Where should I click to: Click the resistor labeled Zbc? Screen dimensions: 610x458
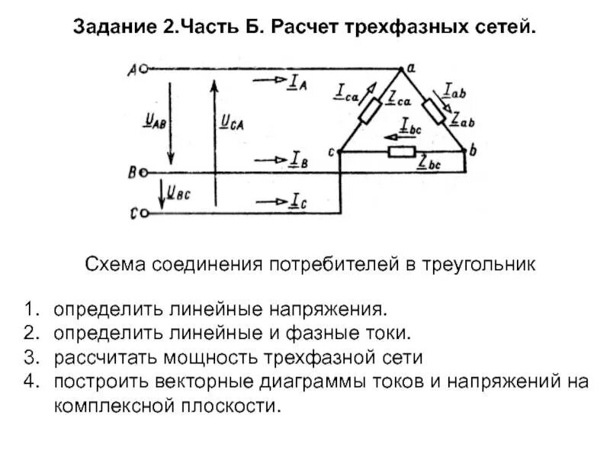point(402,152)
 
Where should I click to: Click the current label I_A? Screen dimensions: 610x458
point(297,84)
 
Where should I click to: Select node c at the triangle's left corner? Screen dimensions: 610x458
point(337,151)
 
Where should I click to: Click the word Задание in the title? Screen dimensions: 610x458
point(114,27)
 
